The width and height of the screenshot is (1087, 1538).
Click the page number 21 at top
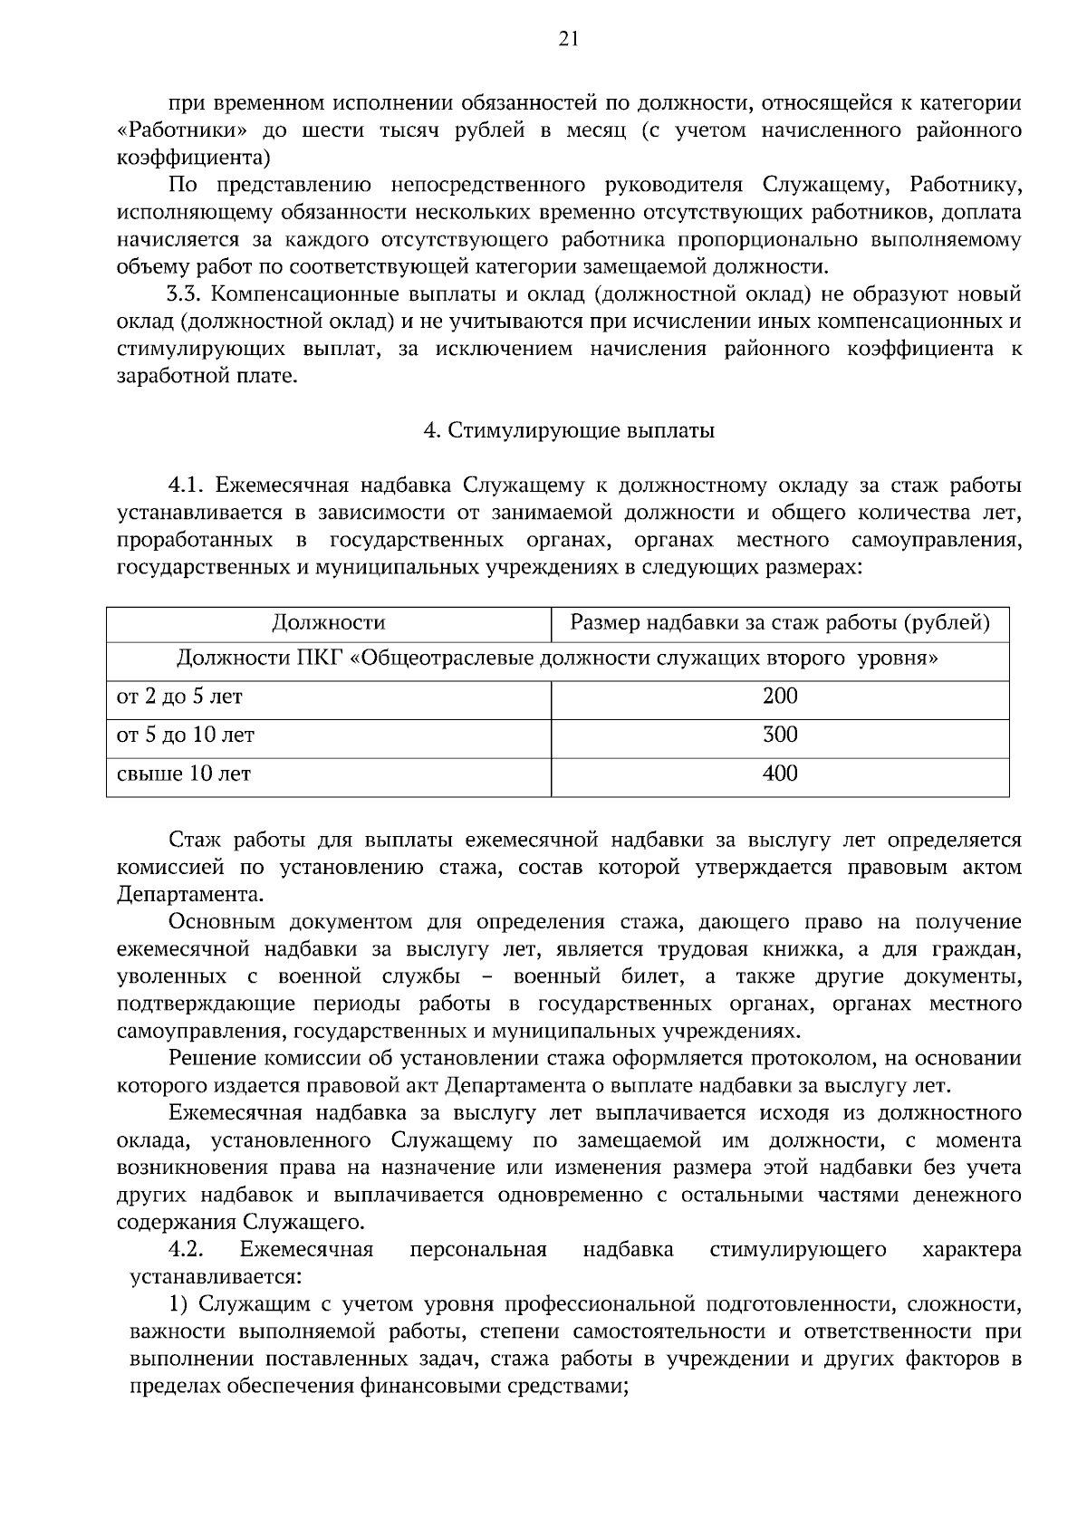pos(543,38)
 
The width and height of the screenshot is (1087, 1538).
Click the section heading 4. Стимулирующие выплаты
pos(570,431)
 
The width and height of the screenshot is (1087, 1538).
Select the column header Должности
pos(329,623)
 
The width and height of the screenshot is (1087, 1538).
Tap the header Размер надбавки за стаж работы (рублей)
pos(780,623)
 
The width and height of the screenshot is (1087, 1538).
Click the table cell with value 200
pos(780,696)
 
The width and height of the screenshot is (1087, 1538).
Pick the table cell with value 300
pos(780,735)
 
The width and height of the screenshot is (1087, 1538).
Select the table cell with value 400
pos(780,774)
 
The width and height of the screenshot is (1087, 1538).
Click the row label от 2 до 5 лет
pos(180,697)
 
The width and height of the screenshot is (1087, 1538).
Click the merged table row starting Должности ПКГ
pos(557,658)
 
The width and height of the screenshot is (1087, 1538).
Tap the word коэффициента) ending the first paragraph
pos(194,158)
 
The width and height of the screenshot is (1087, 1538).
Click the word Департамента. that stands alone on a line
pos(191,895)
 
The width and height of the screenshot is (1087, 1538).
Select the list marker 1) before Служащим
pos(178,1304)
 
